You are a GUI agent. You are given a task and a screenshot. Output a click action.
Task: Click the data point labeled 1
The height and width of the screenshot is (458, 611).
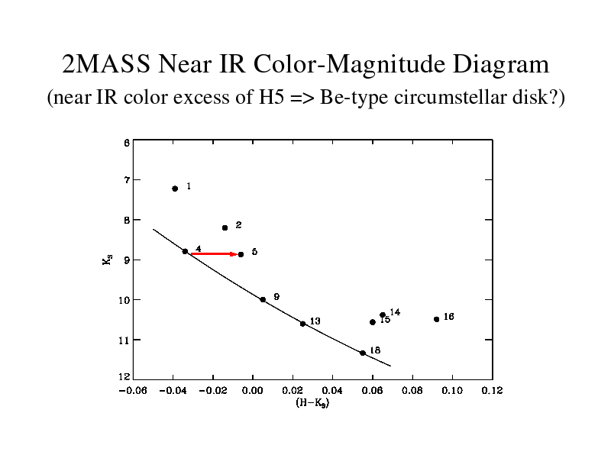coord(175,189)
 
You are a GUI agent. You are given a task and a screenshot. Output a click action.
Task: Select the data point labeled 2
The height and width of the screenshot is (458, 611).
coord(225,227)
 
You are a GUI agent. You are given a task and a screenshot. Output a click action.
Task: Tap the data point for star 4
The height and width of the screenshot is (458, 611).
coord(185,251)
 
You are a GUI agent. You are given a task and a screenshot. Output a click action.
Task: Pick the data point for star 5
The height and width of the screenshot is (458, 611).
coord(241,254)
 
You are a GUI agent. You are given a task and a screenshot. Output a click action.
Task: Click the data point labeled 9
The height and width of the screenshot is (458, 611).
coord(263,299)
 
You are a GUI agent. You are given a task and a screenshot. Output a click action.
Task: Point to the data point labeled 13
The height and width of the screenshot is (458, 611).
coord(302,324)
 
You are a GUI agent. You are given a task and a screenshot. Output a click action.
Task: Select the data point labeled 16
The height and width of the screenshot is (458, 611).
coord(436,319)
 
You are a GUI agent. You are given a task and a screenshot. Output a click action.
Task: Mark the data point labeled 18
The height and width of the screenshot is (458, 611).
coord(363,353)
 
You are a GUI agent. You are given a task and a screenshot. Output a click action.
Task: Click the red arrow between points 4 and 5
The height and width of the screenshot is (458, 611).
coord(214,253)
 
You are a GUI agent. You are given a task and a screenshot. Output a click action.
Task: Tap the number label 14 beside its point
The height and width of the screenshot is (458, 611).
coord(395,312)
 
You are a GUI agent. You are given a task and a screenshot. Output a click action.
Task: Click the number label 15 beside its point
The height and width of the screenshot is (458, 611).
coord(385,320)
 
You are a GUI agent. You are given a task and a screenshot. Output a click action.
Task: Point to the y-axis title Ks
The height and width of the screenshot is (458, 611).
coord(107,260)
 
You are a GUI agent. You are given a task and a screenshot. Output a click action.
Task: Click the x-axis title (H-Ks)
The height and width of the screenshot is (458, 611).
coord(312,403)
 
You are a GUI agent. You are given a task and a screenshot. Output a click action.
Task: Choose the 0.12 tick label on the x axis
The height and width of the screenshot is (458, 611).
coord(492,391)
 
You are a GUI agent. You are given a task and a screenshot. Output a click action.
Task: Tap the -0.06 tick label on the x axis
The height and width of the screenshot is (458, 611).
coord(131,391)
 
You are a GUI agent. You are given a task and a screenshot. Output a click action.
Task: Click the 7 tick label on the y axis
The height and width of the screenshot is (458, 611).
coord(125,179)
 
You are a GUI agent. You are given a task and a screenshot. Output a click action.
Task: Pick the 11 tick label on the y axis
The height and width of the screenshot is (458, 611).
coord(124,339)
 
